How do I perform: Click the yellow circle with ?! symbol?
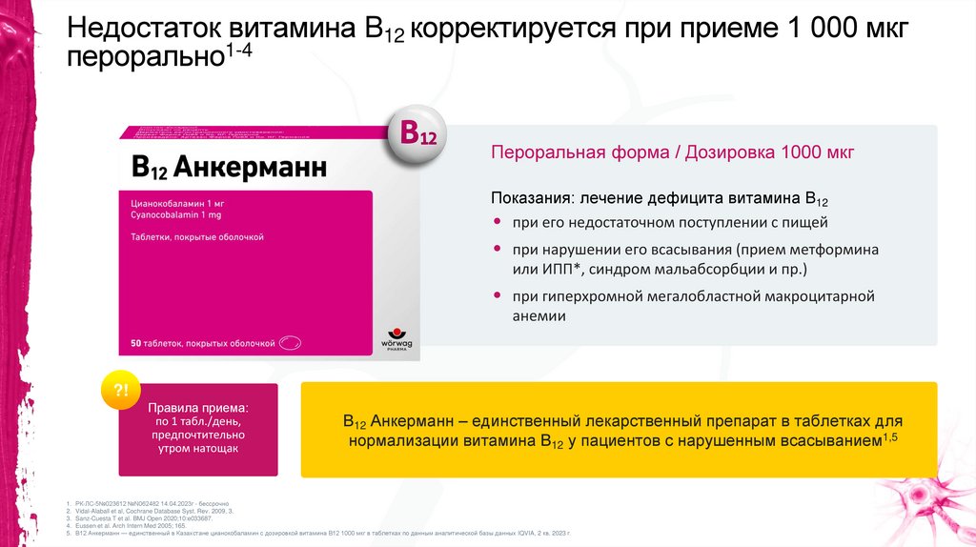121,390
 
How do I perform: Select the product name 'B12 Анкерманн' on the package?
229,169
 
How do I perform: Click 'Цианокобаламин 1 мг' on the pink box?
178,204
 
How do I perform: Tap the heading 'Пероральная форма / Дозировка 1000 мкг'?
672,152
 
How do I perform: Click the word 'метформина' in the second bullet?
835,249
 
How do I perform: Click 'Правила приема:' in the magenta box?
197,404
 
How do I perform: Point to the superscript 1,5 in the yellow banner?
890,436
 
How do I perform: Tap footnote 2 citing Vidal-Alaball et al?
153,511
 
